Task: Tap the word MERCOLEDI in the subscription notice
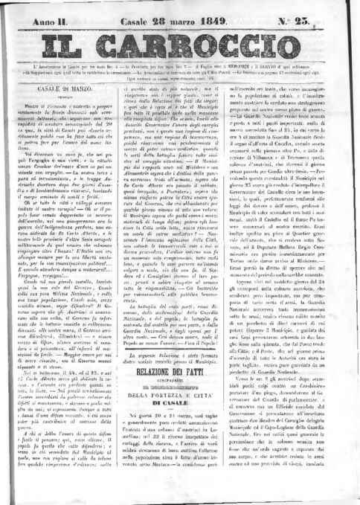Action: [240, 71]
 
